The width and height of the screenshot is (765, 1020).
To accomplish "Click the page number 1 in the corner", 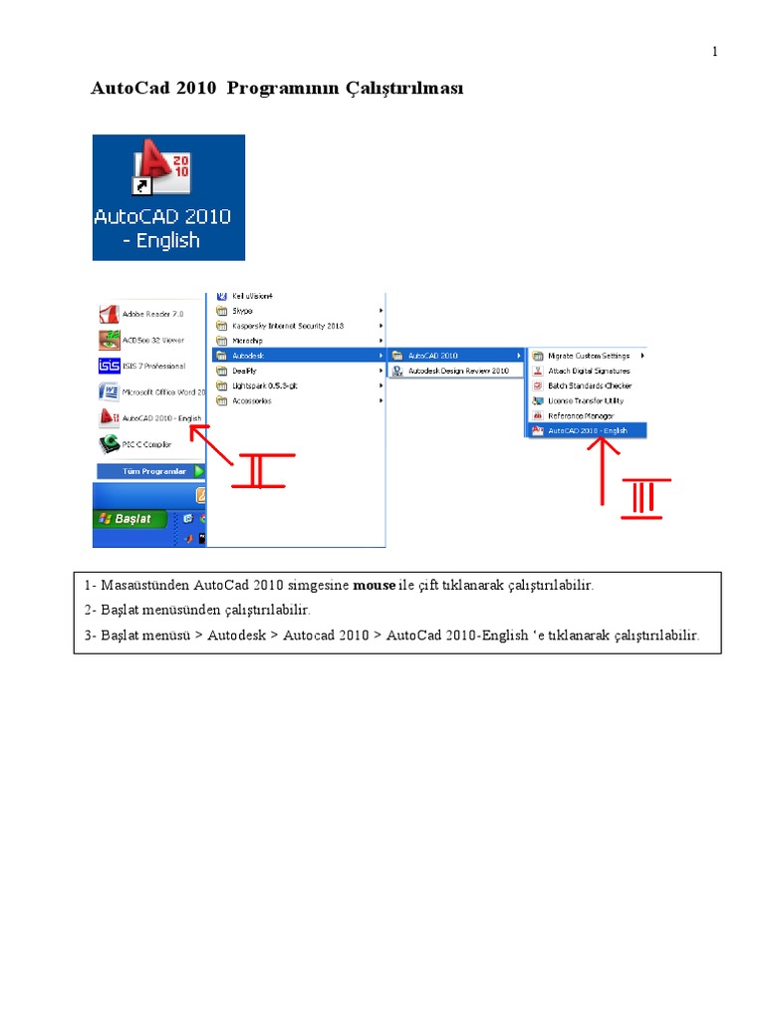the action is (x=714, y=52).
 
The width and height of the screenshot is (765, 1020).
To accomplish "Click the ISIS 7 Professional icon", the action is (x=110, y=366).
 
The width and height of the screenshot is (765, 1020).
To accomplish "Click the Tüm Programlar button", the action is (x=149, y=471).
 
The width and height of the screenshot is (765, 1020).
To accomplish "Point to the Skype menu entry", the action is (x=244, y=311).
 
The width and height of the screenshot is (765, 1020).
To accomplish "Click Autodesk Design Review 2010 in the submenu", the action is (x=458, y=371).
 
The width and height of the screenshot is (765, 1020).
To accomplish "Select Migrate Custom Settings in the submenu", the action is (x=588, y=356).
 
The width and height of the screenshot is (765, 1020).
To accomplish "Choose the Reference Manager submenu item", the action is (x=581, y=415).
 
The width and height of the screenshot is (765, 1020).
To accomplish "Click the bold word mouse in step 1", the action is (x=375, y=585).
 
